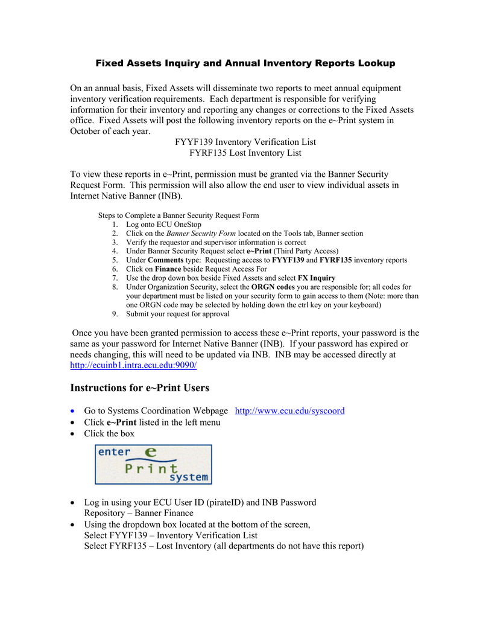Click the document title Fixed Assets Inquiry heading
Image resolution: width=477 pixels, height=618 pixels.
point(245,63)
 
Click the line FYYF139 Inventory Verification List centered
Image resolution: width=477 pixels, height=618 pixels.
point(245,142)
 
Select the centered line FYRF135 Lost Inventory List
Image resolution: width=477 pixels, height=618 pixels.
point(245,153)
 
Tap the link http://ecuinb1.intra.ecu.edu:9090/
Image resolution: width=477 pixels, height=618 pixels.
point(133,366)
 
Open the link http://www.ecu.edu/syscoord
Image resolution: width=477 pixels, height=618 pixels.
point(289,411)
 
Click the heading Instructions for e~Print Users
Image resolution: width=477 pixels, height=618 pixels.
point(139,387)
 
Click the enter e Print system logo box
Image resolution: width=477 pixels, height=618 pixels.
point(153,464)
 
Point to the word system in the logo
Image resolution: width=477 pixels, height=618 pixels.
point(188,477)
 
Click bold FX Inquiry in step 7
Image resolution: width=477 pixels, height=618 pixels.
point(317,278)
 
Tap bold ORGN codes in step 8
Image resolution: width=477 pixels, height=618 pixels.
point(273,287)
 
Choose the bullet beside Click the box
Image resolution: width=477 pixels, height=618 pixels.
point(73,434)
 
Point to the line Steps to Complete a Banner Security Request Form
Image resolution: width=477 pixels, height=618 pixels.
point(178,215)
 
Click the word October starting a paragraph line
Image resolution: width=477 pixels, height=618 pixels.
point(88,131)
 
